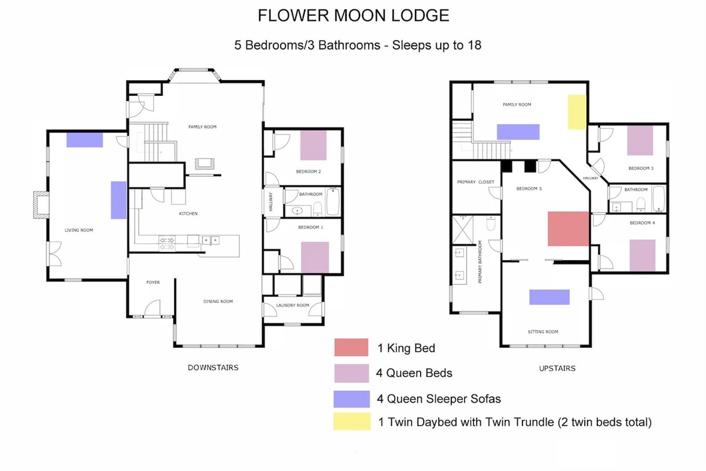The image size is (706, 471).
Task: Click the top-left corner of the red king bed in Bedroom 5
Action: click(548, 212)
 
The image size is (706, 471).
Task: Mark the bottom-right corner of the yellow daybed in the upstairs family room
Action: click(586, 130)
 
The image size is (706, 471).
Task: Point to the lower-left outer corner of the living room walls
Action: click(46, 281)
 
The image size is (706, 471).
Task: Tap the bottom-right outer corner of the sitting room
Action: click(591, 347)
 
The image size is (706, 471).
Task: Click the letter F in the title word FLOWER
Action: click(262, 15)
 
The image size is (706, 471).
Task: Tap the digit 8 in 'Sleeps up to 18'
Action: click(477, 45)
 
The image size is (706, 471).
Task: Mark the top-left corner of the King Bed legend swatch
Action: click(334, 339)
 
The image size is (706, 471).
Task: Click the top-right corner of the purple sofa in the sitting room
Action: click(570, 290)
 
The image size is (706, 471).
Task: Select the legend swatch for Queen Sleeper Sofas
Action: click(352, 399)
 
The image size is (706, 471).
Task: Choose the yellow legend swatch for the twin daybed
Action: click(352, 422)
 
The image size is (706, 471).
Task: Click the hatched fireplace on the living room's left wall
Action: click(41, 205)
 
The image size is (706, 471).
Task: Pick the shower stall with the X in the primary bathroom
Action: click(462, 230)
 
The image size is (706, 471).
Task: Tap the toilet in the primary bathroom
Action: click(491, 223)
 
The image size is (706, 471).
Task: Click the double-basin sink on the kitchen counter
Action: click(211, 240)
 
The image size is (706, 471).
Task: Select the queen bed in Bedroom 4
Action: click(642, 255)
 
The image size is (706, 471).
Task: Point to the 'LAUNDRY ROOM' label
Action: click(292, 306)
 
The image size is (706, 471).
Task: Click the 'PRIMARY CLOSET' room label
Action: click(475, 182)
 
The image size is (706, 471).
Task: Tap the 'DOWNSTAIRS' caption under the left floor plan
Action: click(213, 367)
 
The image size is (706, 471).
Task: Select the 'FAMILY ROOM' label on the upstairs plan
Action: click(517, 104)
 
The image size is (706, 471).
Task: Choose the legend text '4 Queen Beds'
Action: click(414, 373)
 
